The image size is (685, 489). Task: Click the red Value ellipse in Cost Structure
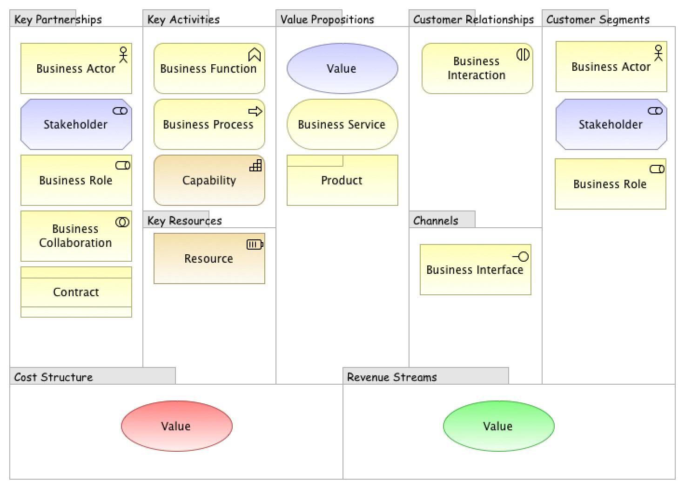pos(176,426)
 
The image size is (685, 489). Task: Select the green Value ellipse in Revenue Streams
pos(498,426)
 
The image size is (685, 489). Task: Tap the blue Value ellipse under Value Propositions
pos(342,68)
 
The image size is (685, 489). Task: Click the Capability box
pos(209,180)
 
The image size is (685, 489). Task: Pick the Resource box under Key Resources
pos(209,258)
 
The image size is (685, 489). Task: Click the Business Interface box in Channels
pos(475,270)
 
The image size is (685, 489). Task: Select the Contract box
pos(76,292)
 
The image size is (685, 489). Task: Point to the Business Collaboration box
pos(76,236)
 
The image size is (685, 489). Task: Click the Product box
pos(342,181)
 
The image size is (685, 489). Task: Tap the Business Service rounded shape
pos(342,124)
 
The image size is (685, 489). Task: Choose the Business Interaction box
pos(477,68)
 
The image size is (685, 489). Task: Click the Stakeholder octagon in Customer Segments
pos(611,124)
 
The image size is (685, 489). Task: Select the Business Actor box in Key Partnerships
pos(76,68)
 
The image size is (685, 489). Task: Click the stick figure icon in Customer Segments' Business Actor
pos(658,53)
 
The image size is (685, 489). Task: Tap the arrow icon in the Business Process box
pos(255,111)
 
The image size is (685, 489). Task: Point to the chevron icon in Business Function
pos(255,55)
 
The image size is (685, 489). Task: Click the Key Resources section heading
pos(185,221)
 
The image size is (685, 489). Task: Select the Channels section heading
pos(436,221)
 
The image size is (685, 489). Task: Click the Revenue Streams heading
pos(392,377)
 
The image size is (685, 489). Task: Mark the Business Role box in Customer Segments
pos(610,184)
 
